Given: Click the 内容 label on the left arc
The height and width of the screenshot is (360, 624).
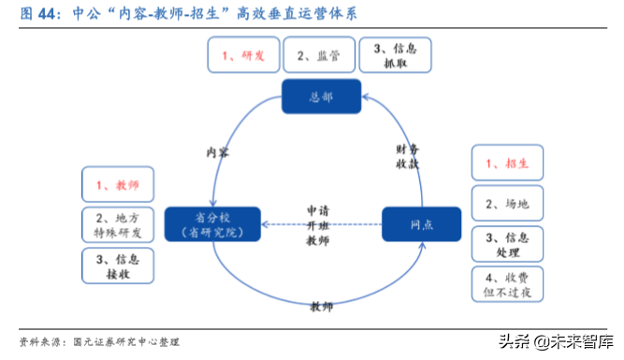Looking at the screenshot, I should (x=218, y=151).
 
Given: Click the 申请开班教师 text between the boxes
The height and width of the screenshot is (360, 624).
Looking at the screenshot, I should (x=318, y=225).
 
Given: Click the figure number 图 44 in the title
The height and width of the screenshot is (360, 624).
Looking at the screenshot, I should (x=33, y=13).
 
